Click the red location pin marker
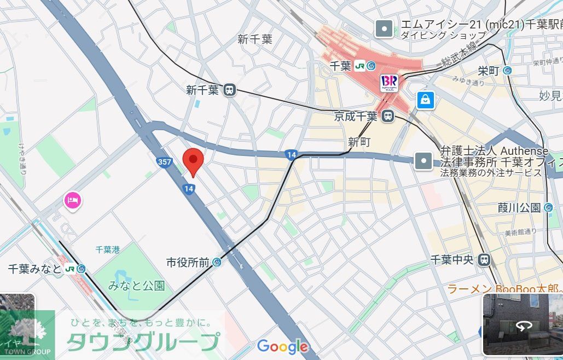coord(193,160)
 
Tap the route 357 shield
coord(164,162)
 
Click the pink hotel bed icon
coord(73,200)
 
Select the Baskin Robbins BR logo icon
coord(390,83)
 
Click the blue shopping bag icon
coord(425,100)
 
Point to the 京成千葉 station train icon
coord(388,116)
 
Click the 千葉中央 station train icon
coord(484,260)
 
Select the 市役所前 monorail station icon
coord(217,263)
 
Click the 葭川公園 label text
coord(519,207)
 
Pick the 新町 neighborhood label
coord(359,142)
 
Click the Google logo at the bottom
coord(282,346)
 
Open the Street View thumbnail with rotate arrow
coord(522,325)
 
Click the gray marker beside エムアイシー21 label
coord(385,29)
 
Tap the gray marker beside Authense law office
coord(424,161)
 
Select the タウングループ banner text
coord(142,341)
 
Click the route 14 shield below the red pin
coord(189,189)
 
